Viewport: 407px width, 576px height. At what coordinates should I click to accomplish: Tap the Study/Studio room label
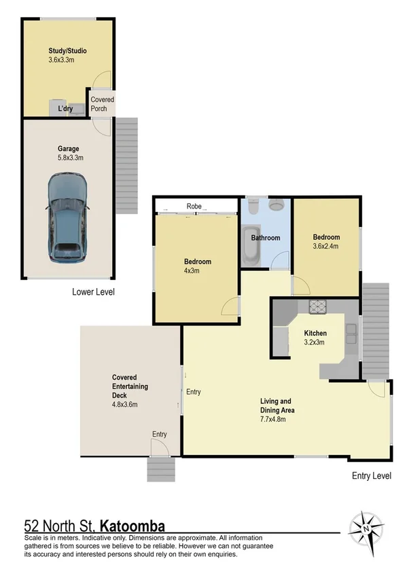tap(67, 51)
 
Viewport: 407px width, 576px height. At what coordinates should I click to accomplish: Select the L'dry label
tap(66, 109)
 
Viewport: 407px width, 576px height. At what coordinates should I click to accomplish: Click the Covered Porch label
tap(103, 104)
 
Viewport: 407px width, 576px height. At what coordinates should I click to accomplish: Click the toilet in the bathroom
tap(277, 204)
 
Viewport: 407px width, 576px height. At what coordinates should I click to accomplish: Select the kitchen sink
tap(352, 333)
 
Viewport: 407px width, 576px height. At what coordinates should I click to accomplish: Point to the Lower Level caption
tap(93, 292)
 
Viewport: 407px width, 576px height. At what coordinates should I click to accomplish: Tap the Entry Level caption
tap(372, 476)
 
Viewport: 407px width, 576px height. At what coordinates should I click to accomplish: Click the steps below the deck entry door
tap(160, 469)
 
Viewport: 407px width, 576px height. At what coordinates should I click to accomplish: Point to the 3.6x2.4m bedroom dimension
tap(326, 247)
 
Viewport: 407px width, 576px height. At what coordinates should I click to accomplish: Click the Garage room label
tap(68, 149)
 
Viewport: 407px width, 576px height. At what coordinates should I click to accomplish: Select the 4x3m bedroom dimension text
tap(197, 270)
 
